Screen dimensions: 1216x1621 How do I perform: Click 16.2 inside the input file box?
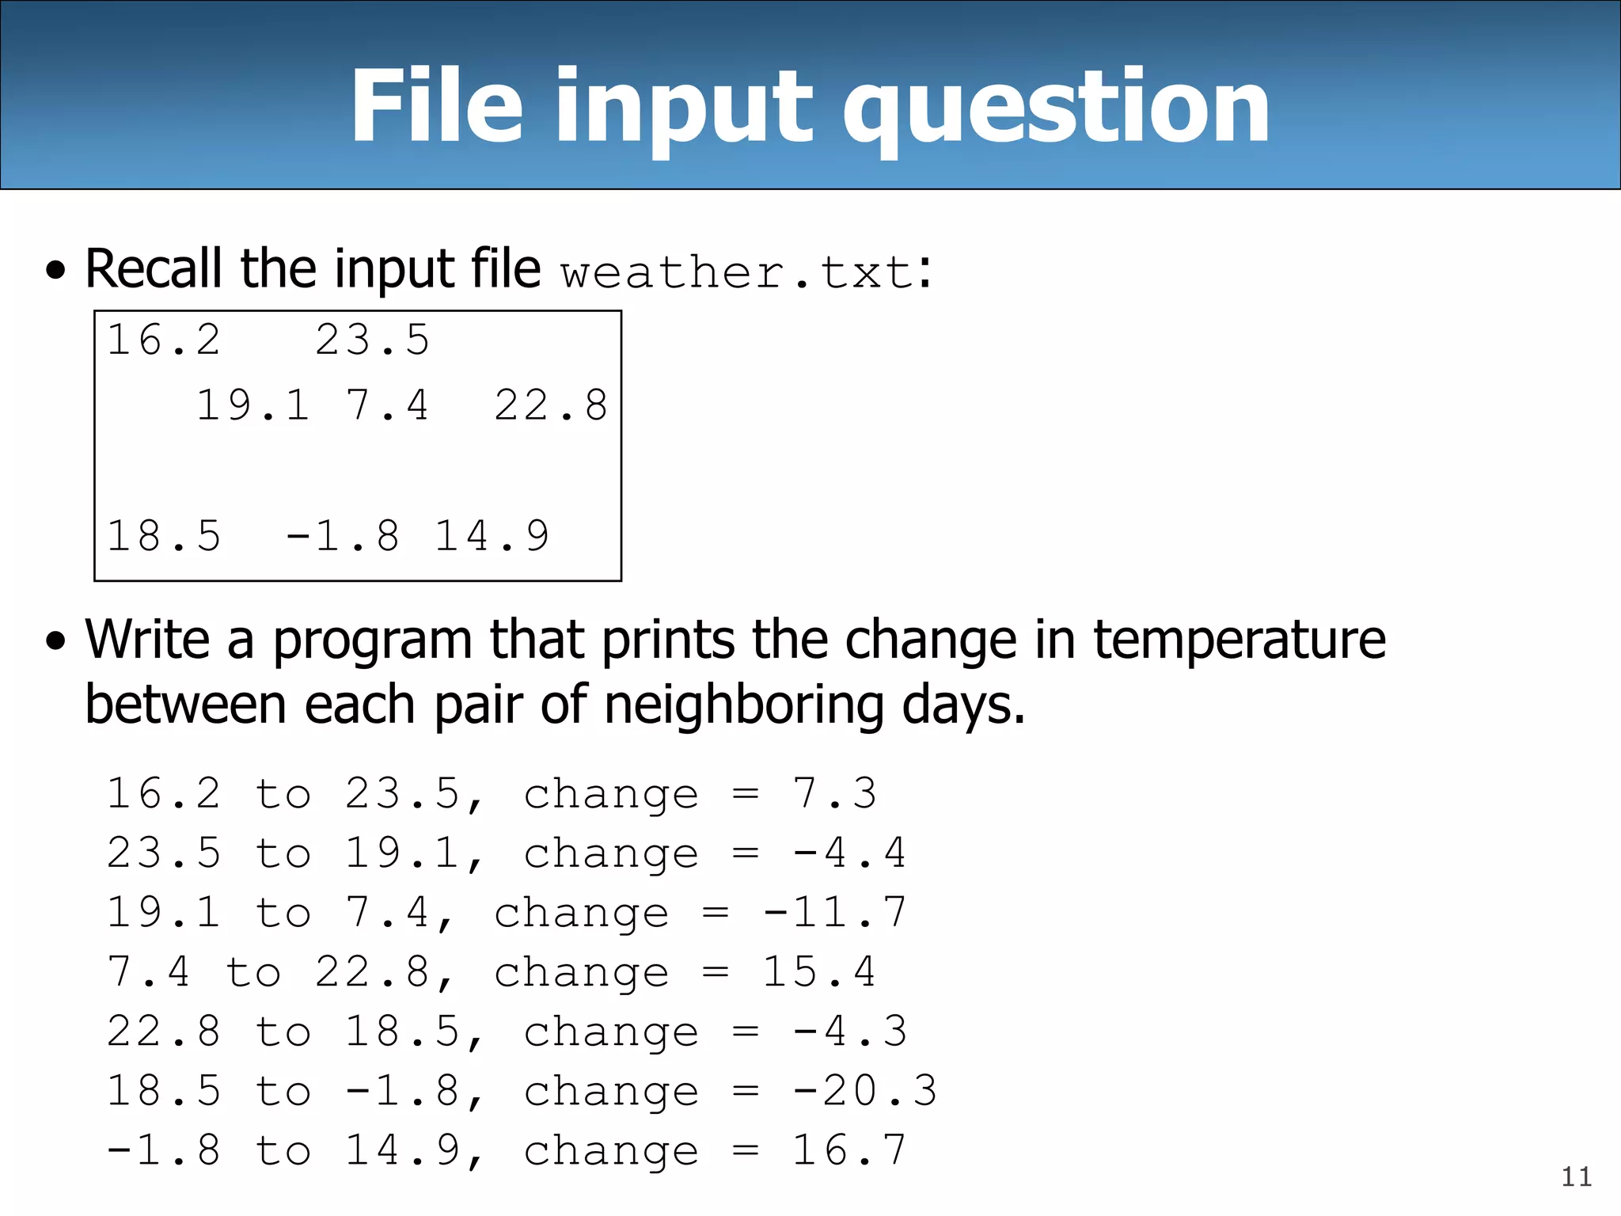[x=164, y=340]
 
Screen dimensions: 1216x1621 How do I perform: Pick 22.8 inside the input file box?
[x=551, y=405]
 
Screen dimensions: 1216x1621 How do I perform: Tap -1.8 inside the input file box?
[x=342, y=536]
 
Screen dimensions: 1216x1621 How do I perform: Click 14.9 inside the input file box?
[x=492, y=536]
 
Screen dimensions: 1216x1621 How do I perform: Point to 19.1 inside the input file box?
[x=252, y=405]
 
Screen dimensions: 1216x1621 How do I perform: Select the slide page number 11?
[x=1576, y=1177]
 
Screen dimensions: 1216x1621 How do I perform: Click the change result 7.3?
[x=835, y=794]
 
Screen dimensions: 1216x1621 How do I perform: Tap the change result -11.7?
[x=834, y=913]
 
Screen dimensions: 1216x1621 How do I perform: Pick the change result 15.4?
[x=819, y=972]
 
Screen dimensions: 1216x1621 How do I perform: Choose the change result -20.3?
[x=864, y=1091]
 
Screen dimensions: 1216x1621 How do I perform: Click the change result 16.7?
[x=849, y=1150]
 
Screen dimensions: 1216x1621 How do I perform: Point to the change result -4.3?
[x=849, y=1032]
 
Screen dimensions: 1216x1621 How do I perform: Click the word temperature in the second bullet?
[x=1239, y=640]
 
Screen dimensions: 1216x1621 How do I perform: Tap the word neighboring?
[x=743, y=705]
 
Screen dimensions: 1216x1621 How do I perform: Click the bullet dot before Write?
[x=55, y=640]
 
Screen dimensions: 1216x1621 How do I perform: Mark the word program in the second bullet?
[x=373, y=641]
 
